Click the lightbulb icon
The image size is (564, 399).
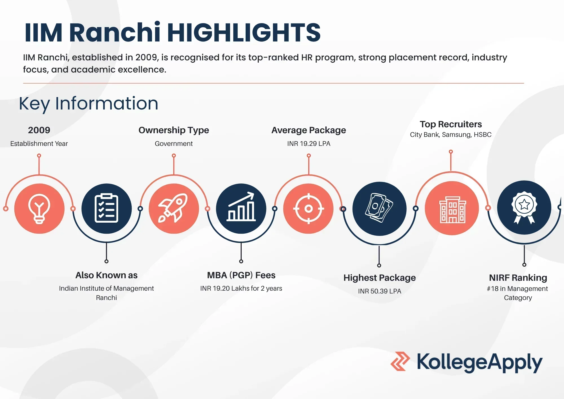click(39, 209)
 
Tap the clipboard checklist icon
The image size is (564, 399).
click(107, 209)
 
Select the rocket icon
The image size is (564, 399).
click(174, 209)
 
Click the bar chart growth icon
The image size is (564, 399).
click(241, 208)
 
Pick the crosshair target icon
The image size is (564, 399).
click(309, 209)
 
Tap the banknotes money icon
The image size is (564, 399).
click(379, 208)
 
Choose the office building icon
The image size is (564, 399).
click(452, 209)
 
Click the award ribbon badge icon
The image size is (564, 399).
click(524, 208)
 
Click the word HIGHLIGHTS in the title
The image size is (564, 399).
click(244, 33)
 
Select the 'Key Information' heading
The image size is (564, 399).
click(89, 104)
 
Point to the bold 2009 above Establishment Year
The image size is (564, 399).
click(39, 130)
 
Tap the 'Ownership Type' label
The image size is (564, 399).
click(174, 130)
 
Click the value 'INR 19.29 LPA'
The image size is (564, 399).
click(309, 144)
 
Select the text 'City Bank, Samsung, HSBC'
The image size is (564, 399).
click(451, 135)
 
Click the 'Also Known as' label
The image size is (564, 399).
click(106, 275)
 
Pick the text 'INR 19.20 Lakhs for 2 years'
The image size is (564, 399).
click(241, 288)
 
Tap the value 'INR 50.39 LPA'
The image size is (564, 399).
click(379, 291)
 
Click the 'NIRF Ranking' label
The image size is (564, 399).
click(518, 278)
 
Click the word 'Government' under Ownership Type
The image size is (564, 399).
click(174, 144)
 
